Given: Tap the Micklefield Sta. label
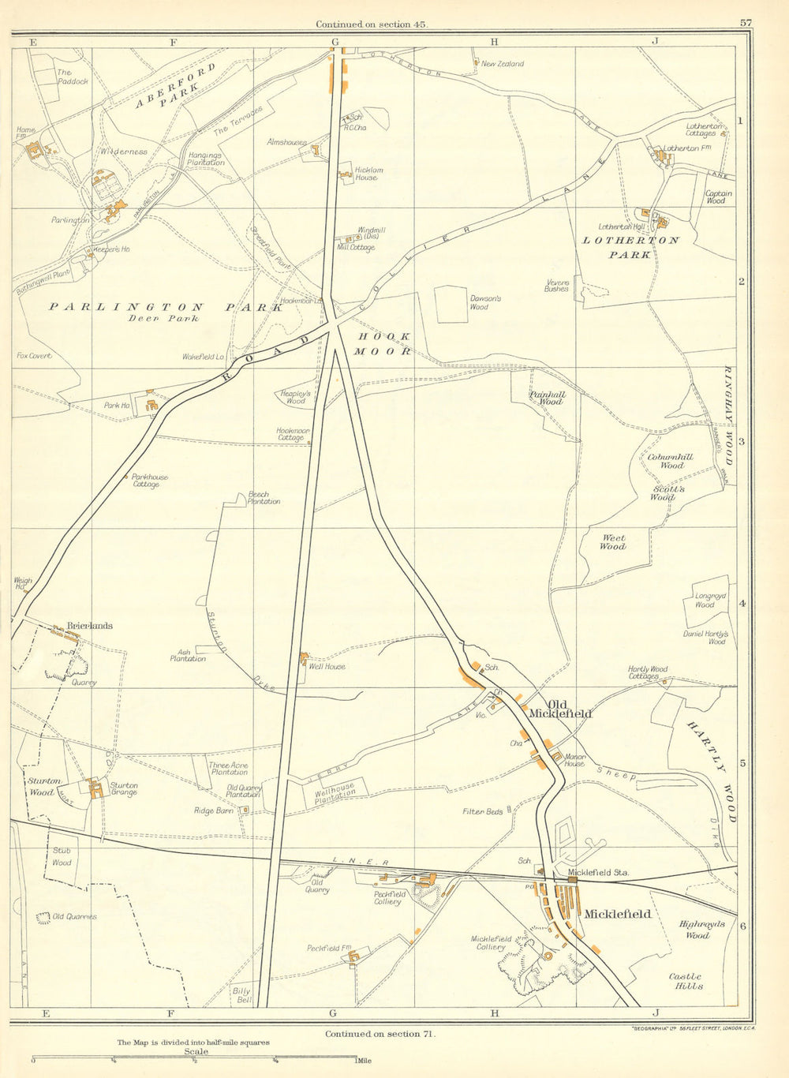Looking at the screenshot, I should (x=597, y=873).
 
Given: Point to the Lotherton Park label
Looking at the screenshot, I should (x=630, y=247).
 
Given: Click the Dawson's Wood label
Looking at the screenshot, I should (x=485, y=303).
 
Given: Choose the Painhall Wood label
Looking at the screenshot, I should (x=548, y=398).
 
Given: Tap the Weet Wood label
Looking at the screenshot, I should (x=612, y=541).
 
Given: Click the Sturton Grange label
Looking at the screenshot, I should (x=123, y=789).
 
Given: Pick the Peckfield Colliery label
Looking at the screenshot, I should (x=388, y=897).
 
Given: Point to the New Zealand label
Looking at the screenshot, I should (x=502, y=64).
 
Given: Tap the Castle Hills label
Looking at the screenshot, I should (x=685, y=981).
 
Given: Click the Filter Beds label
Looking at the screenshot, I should (x=483, y=811).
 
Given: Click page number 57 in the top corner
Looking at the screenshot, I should (x=746, y=23).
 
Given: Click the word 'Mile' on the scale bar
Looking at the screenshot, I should (x=369, y=1061).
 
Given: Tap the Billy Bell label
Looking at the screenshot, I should (x=241, y=995).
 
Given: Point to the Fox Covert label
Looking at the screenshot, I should (x=34, y=356).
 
